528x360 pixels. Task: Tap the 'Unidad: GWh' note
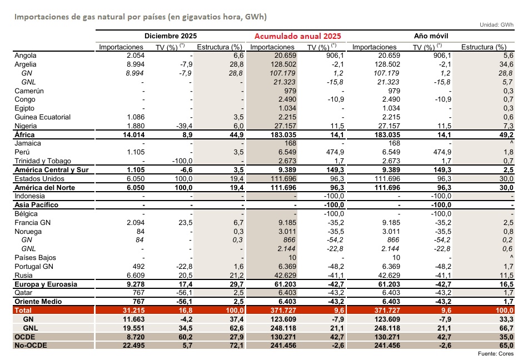[x=496, y=25]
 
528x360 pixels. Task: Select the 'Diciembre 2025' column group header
[x=171, y=36]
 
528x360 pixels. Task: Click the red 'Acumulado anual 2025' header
[x=297, y=36]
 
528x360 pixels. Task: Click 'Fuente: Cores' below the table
[x=496, y=354]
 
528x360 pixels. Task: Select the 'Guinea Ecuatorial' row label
[x=43, y=117]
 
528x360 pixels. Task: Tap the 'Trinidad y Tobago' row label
[x=42, y=161]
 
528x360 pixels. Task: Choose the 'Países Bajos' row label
[x=34, y=258]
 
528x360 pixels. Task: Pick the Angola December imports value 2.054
[x=136, y=56]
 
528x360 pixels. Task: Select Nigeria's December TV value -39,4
[x=183, y=126]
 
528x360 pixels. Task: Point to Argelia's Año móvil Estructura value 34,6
[x=504, y=65]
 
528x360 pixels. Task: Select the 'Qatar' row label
[x=23, y=293]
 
